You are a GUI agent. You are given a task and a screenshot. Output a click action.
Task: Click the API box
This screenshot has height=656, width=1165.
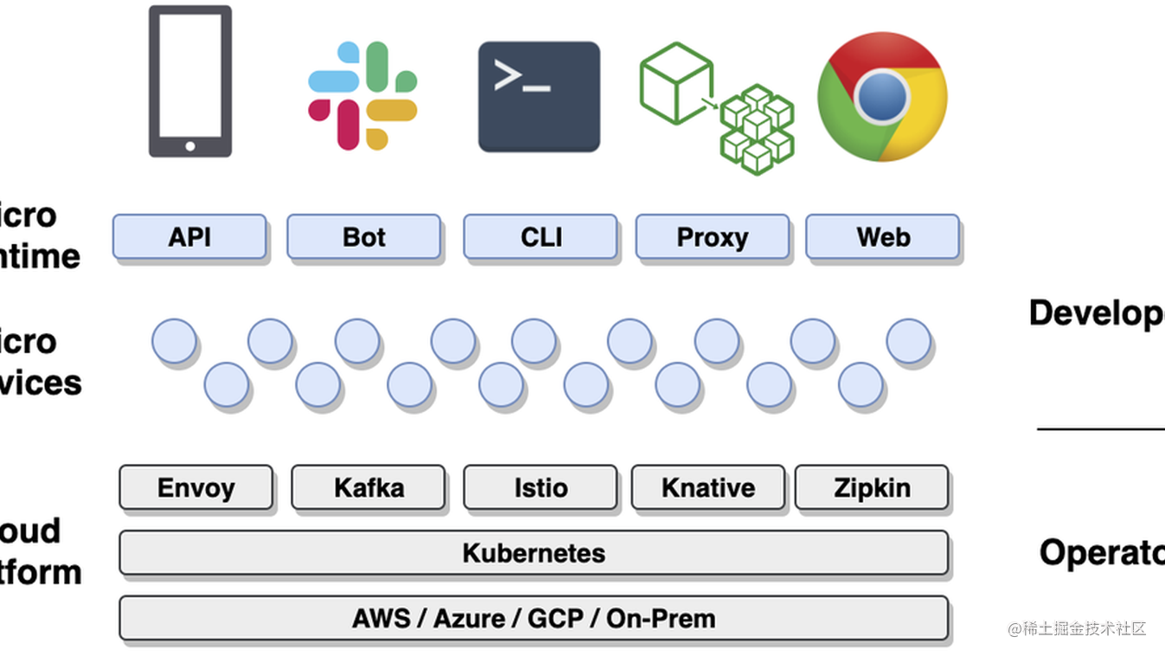tap(189, 237)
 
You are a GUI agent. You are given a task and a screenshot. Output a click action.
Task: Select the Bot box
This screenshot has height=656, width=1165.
tap(363, 237)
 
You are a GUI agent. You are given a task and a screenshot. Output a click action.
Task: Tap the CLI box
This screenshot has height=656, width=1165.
tap(541, 237)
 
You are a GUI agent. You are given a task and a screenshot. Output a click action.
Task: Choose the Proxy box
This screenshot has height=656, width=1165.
tap(712, 237)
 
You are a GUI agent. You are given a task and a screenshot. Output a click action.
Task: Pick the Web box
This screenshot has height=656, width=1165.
tap(882, 237)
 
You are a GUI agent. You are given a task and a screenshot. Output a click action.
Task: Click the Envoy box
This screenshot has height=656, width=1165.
tap(195, 487)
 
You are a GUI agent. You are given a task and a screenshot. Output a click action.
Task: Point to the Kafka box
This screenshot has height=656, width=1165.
tap(368, 487)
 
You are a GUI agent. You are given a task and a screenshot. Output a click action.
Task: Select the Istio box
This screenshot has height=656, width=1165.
tap(541, 487)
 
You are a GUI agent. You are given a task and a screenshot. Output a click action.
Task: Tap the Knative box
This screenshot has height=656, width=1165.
tap(707, 487)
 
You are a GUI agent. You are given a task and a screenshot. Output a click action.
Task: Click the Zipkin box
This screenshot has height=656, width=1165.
tap(871, 487)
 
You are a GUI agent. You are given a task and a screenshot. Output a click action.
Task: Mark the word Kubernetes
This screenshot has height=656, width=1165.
tap(534, 553)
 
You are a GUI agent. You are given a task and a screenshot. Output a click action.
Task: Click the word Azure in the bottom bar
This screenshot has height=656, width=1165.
tap(469, 619)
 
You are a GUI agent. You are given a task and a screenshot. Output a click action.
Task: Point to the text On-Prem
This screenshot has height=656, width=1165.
tap(661, 619)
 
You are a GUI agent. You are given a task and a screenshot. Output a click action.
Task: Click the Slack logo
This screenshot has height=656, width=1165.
tap(363, 95)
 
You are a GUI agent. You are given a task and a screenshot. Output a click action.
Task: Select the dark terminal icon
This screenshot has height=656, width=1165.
tap(539, 97)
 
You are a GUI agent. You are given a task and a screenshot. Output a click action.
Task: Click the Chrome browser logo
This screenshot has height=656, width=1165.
tap(882, 96)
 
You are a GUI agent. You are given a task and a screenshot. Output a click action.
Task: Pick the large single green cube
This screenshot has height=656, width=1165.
tap(675, 82)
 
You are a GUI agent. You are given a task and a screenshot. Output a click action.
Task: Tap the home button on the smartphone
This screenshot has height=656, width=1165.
tap(190, 145)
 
